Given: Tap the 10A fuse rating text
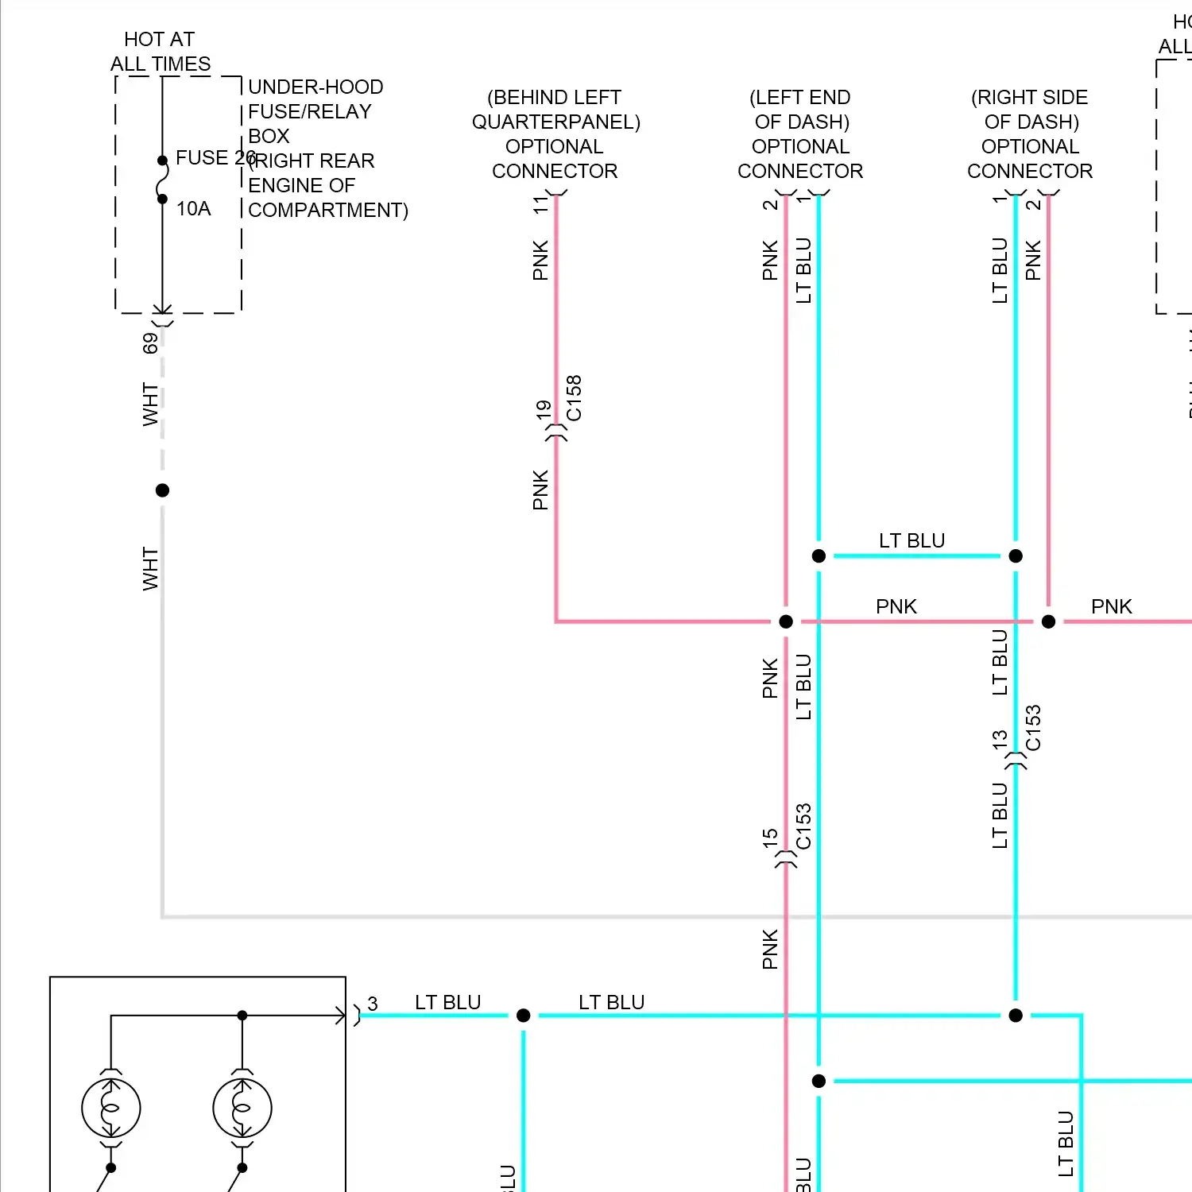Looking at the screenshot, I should pyautogui.click(x=193, y=209).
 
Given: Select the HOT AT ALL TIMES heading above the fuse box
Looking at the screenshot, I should pyautogui.click(x=161, y=52).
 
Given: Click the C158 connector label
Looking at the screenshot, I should pyautogui.click(x=574, y=398).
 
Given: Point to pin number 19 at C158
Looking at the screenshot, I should pyautogui.click(x=544, y=410).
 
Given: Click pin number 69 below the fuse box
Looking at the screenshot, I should pyautogui.click(x=150, y=343).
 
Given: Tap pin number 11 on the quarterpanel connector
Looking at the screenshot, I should pyautogui.click(x=540, y=204).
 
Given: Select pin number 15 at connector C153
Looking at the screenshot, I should pyautogui.click(x=770, y=838).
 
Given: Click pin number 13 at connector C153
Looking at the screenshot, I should pyautogui.click(x=1000, y=740).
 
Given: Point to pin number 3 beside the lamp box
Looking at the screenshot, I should pyautogui.click(x=373, y=1004).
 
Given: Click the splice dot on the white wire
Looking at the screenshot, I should pyautogui.click(x=163, y=490).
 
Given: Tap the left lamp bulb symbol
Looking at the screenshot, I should pyautogui.click(x=111, y=1108).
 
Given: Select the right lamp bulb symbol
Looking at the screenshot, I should pyautogui.click(x=242, y=1108).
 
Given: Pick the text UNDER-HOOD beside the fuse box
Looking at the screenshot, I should pyautogui.click(x=315, y=87).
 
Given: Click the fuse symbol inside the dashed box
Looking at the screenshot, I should pyautogui.click(x=163, y=180).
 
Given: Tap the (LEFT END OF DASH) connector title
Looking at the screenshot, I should pyautogui.click(x=801, y=110).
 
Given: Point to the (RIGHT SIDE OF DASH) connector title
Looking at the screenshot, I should pyautogui.click(x=1030, y=110).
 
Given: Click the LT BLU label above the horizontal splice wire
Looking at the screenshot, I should pyautogui.click(x=911, y=541).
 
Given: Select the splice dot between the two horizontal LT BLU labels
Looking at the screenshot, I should pyautogui.click(x=523, y=1016).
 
